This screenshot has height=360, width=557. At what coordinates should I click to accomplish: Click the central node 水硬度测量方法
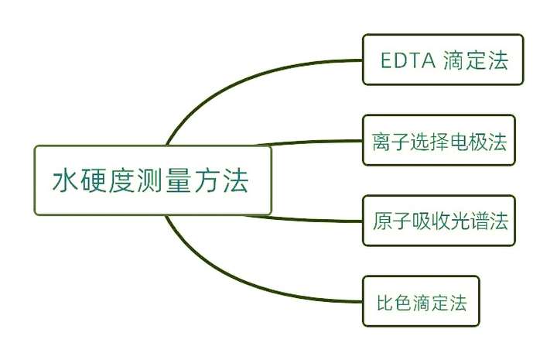[x=152, y=180]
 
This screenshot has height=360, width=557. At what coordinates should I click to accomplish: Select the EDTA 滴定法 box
[x=443, y=60]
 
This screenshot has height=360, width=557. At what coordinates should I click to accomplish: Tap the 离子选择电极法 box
[x=439, y=140]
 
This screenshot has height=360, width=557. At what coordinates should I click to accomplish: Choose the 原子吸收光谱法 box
[x=439, y=221]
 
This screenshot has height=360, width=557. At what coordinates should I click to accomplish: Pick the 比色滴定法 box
[x=421, y=301]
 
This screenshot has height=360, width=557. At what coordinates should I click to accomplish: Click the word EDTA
[x=408, y=60]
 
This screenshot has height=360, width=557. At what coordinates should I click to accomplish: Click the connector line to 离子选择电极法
[x=309, y=142]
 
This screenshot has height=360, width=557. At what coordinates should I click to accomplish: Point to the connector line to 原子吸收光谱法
[x=304, y=219]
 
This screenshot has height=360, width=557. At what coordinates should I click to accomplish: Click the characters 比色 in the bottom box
[x=394, y=303]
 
